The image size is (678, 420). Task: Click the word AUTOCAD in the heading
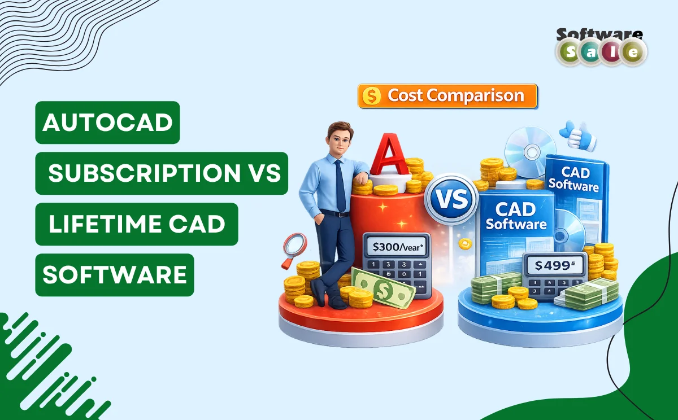(107, 123)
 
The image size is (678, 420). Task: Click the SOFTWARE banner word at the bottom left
(115, 275)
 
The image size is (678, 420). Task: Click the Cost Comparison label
(455, 96)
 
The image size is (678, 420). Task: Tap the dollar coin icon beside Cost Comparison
(372, 97)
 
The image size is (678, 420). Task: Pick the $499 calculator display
(553, 265)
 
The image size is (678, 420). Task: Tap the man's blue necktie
(340, 186)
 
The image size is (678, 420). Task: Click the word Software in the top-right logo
(599, 35)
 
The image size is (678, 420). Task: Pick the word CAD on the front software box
(515, 210)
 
